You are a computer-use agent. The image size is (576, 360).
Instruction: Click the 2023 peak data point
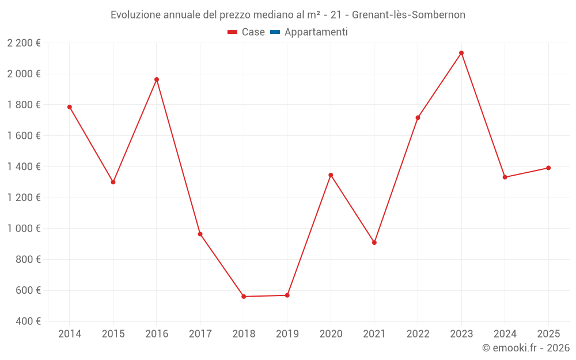[461, 53]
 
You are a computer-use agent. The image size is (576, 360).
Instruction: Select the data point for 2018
[244, 297]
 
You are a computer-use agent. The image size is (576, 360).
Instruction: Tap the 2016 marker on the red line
[157, 79]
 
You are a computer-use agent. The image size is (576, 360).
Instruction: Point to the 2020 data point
[331, 175]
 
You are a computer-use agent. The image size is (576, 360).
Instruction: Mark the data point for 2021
[374, 242]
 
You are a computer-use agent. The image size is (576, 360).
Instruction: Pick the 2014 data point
[70, 107]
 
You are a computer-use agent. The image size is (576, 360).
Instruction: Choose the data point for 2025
[548, 168]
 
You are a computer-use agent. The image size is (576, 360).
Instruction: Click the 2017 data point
[200, 234]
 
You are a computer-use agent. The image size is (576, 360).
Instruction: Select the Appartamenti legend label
[316, 32]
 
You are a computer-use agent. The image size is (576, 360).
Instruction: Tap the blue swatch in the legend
[275, 32]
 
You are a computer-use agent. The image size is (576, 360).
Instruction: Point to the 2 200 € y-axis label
[24, 43]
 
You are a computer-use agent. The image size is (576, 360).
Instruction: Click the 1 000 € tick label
[24, 229]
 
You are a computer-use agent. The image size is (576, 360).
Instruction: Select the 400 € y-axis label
[28, 321]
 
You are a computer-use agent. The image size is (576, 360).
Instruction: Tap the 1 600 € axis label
[24, 136]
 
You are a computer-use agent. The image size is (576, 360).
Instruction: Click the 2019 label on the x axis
[287, 334]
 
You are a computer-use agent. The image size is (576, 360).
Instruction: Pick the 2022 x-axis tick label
[418, 334]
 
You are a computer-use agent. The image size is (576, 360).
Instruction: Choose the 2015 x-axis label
[113, 334]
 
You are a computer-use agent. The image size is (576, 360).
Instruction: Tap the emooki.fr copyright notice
[525, 348]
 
